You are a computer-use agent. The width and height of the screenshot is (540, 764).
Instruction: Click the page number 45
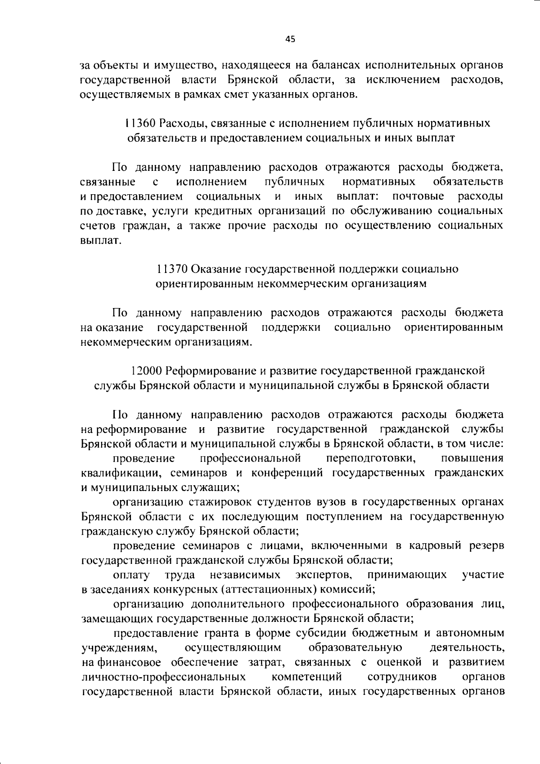(290, 39)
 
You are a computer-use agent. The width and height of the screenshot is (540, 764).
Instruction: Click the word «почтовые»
(418, 197)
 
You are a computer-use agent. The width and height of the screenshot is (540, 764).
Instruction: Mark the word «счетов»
(96, 226)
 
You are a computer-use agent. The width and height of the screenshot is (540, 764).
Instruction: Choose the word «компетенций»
(306, 677)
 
